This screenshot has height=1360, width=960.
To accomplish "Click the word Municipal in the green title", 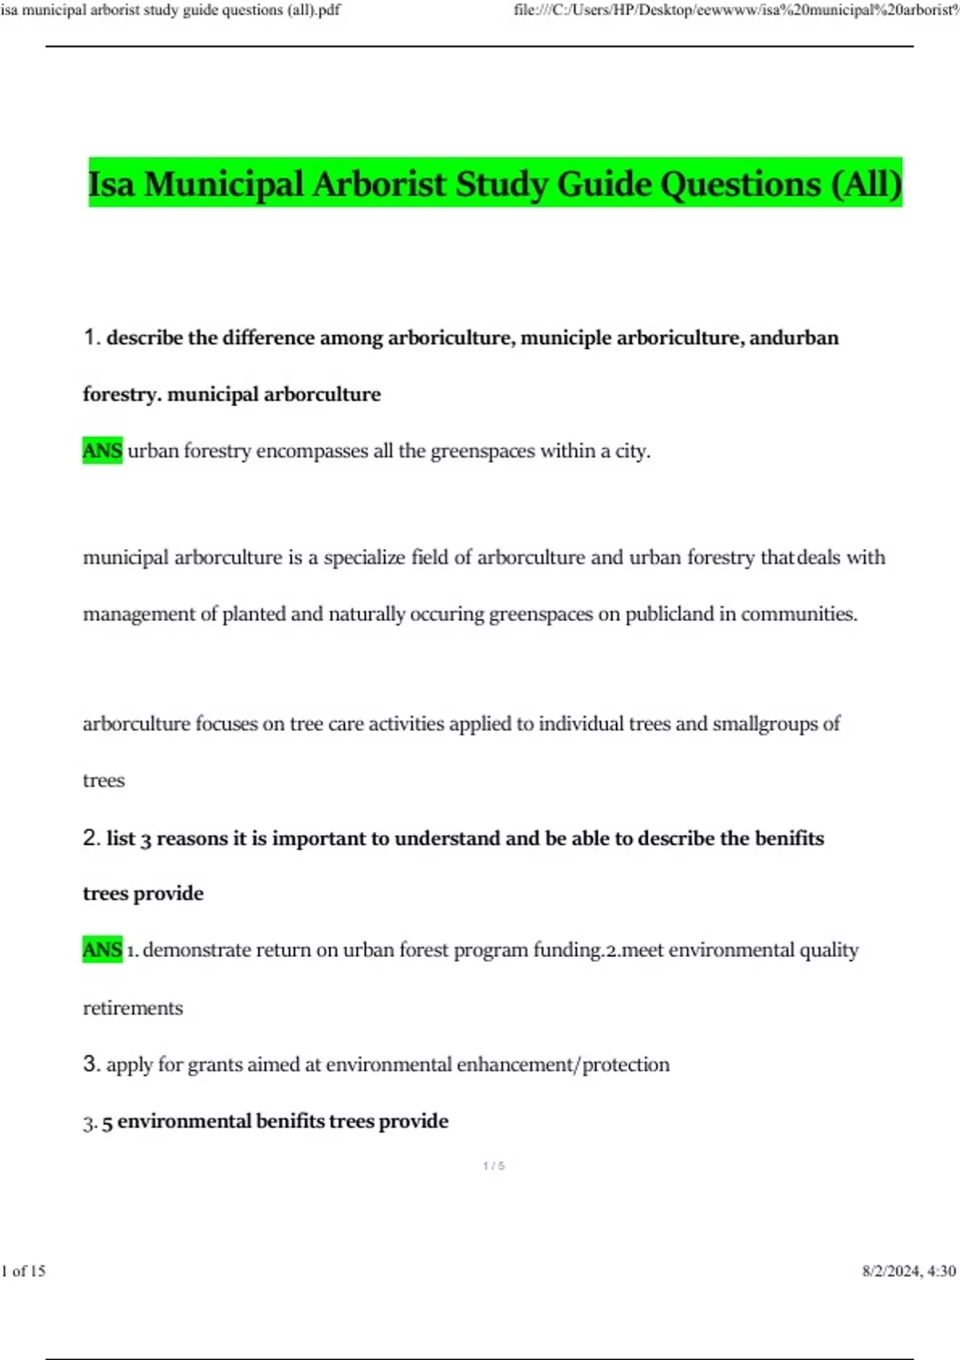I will pyautogui.click(x=225, y=184).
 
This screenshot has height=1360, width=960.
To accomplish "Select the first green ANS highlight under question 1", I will pyautogui.click(x=102, y=451).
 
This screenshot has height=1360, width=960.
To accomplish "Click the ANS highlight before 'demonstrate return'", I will pyautogui.click(x=102, y=950).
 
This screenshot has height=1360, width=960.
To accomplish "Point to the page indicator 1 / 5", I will pyautogui.click(x=494, y=1166).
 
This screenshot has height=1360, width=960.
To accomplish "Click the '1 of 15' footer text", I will pyautogui.click(x=24, y=1271).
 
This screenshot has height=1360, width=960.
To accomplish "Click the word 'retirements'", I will pyautogui.click(x=133, y=1008).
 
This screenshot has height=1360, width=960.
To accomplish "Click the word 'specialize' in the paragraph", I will pyautogui.click(x=364, y=558).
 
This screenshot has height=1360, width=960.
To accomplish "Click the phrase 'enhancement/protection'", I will pyautogui.click(x=563, y=1065).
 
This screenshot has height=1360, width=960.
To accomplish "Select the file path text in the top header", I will pyautogui.click(x=736, y=10).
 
